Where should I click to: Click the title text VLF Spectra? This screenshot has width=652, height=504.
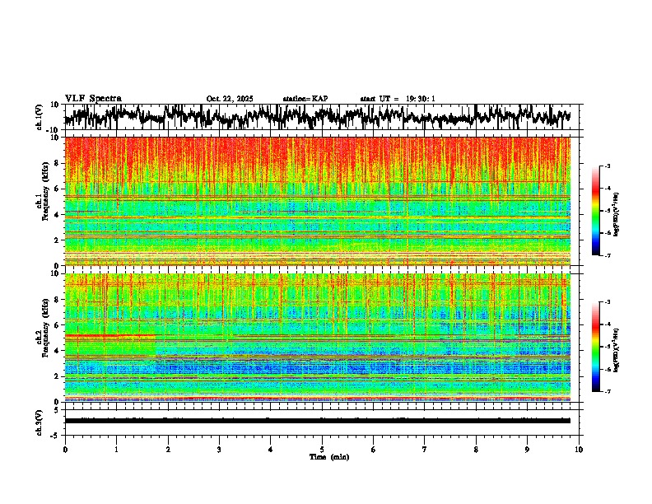point(93,98)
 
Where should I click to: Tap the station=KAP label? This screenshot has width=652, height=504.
point(305,99)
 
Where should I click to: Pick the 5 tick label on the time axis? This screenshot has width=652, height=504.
point(322,449)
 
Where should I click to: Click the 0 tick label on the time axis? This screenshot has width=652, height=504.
point(65,449)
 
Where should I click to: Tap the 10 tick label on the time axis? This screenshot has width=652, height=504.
point(579,449)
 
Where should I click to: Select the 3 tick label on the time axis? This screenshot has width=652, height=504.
point(219,449)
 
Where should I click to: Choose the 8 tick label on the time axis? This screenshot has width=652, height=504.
point(476,449)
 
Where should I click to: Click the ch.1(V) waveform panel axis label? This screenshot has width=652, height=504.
point(40,117)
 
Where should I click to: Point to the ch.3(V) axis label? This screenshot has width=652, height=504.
point(40,420)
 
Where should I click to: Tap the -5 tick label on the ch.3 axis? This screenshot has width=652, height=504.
point(55,433)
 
